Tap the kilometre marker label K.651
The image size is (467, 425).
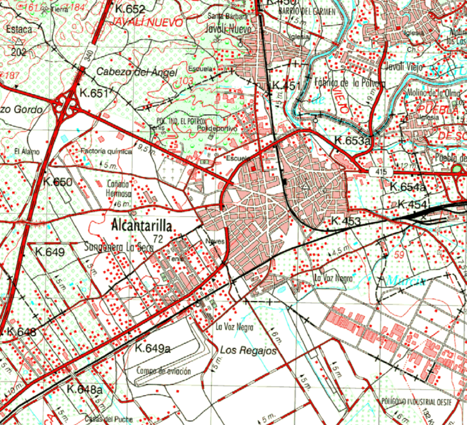click(95, 93)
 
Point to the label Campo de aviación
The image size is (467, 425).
click(164, 371)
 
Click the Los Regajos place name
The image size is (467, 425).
click(248, 351)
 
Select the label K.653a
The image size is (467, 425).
click(352, 141)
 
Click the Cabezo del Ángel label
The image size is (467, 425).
click(137, 72)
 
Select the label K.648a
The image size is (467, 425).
click(85, 389)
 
